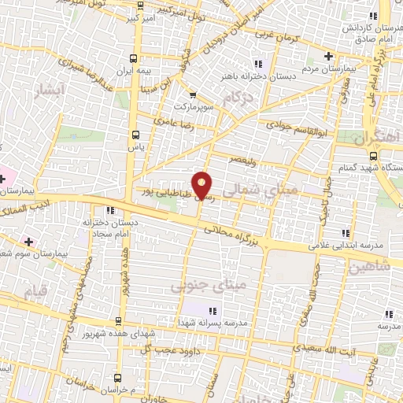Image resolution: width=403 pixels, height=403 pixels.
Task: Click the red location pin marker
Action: click(202, 184)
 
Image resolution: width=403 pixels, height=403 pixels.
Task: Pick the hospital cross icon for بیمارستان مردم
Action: click(329, 56)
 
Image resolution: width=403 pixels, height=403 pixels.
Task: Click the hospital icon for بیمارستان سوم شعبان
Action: click(29, 241)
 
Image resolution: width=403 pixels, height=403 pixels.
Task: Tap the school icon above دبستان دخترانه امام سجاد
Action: click(109, 210)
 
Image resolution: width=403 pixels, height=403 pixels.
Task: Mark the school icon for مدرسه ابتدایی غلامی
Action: click(344, 233)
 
